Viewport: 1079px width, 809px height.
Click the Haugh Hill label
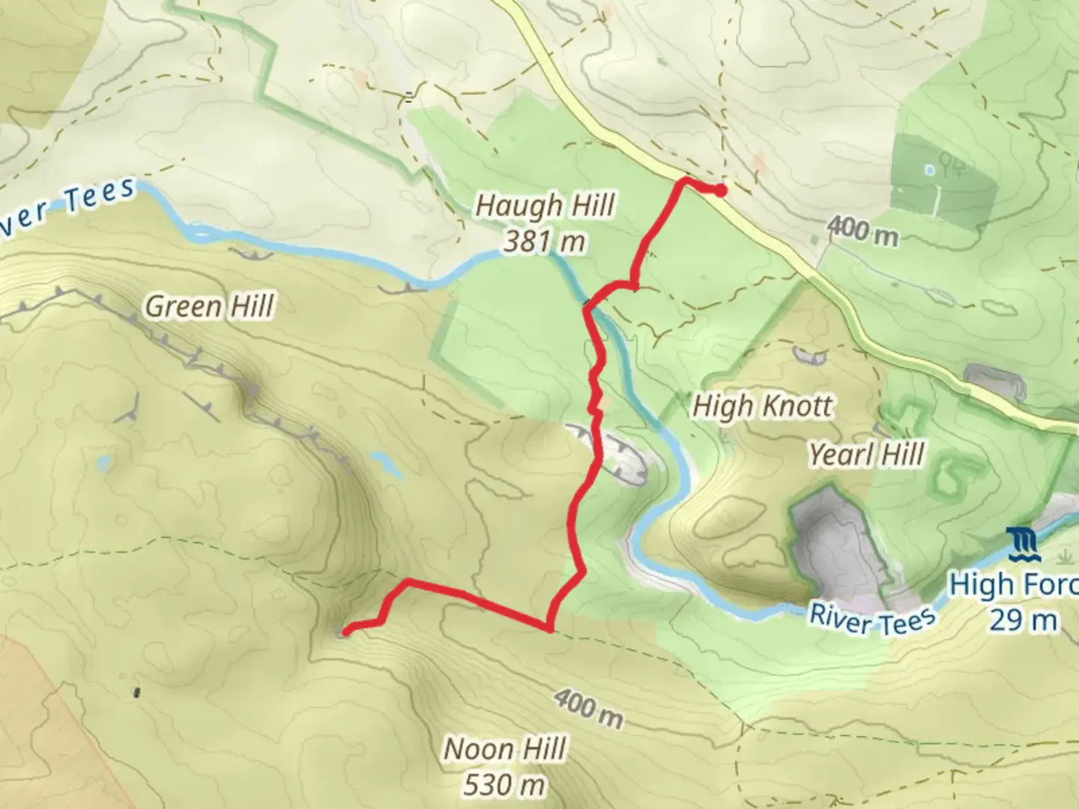coord(545,205)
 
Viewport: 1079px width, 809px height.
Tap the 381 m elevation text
coord(545,241)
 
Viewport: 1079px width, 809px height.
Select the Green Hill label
coord(210,306)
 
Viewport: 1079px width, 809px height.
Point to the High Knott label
coord(761,406)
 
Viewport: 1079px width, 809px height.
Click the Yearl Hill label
coord(866,454)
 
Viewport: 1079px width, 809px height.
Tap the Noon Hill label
coord(505,748)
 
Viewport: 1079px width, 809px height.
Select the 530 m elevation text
coord(504,784)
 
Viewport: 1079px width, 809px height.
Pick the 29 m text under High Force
coord(1024,620)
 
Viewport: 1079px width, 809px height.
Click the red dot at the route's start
coord(720,190)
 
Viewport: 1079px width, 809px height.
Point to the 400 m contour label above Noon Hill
coord(589,709)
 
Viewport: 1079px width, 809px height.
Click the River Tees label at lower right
coord(872,619)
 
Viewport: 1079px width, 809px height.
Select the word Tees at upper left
coord(99,197)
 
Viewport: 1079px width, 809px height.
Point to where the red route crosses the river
coord(588,305)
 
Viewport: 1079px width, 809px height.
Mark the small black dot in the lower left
coord(136,692)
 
